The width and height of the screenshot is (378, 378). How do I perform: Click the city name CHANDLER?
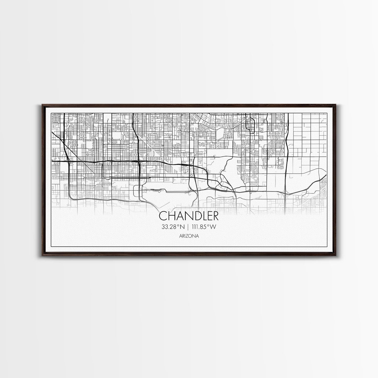point(189,216)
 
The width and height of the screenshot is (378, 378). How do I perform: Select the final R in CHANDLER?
point(215,216)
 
